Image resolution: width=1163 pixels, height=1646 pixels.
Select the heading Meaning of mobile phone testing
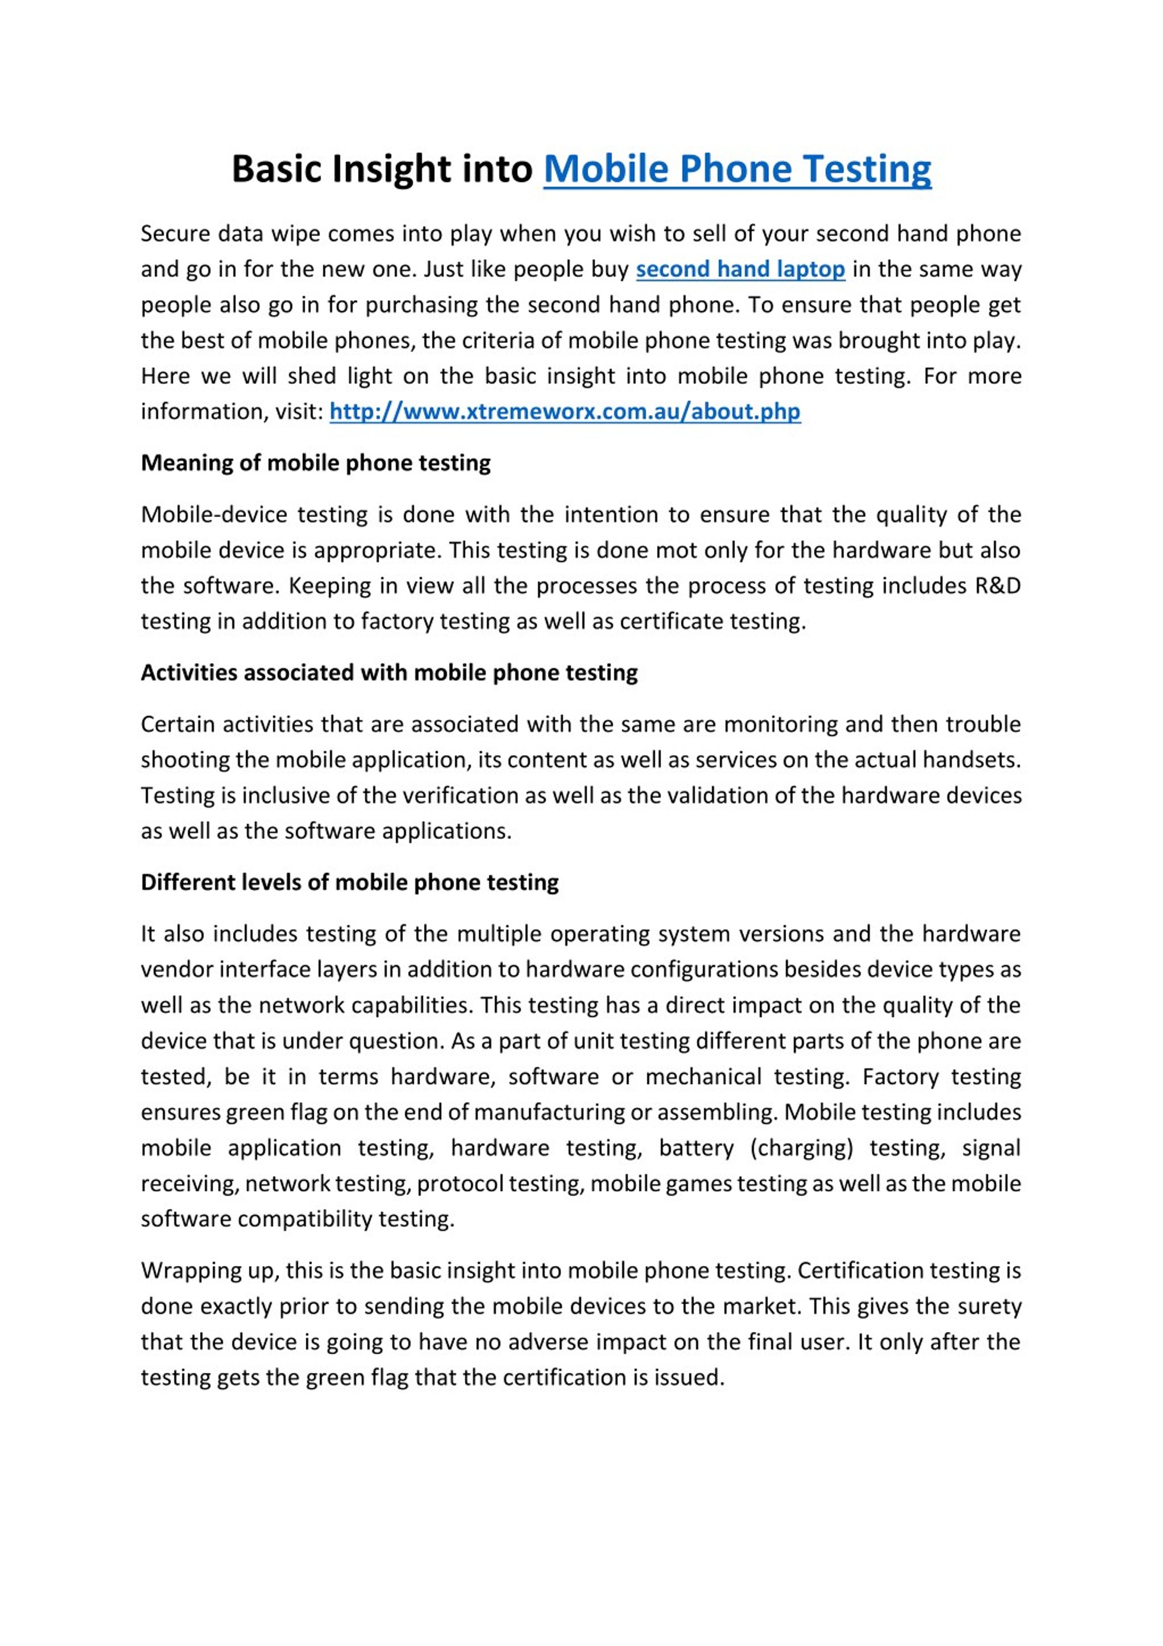pyautogui.click(x=315, y=463)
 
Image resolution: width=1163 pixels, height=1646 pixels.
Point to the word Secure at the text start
pyautogui.click(x=173, y=234)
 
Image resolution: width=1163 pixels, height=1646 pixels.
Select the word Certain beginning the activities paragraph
pyautogui.click(x=176, y=724)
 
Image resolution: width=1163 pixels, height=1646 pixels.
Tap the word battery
pyautogui.click(x=696, y=1148)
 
